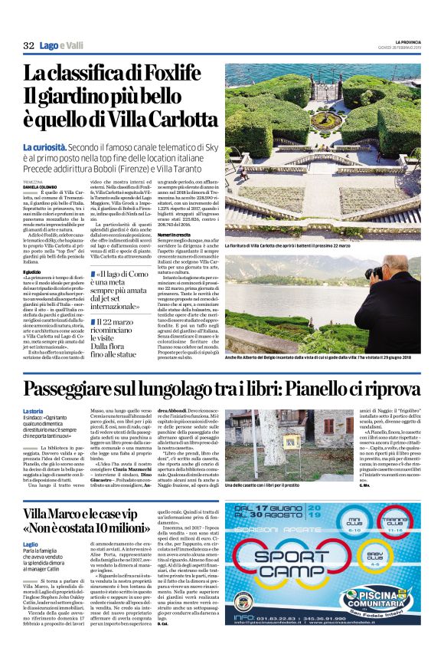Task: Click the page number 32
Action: tap(29, 46)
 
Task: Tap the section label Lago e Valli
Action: tap(63, 46)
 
